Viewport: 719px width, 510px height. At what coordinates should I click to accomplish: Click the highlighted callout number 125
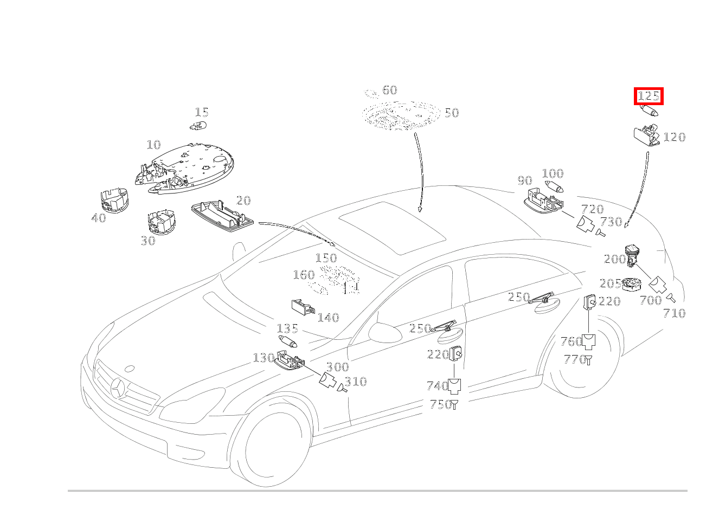(x=649, y=97)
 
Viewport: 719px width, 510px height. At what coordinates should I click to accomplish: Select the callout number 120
(x=674, y=138)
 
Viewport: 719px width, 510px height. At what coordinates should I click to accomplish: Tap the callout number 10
(x=153, y=145)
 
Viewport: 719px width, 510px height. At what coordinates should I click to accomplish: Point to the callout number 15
(x=202, y=113)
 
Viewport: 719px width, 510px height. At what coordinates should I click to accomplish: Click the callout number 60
(x=389, y=91)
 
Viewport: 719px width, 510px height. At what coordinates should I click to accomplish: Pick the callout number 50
(x=451, y=113)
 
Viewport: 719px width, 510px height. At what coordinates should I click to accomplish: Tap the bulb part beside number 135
(x=288, y=342)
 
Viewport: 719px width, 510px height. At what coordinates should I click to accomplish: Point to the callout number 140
(x=328, y=318)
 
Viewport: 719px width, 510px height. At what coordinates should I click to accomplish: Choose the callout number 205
(x=610, y=284)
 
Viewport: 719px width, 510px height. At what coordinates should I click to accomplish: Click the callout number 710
(x=675, y=313)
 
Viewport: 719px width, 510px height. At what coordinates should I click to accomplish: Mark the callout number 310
(x=356, y=382)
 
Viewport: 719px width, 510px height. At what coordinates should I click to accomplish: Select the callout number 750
(x=440, y=405)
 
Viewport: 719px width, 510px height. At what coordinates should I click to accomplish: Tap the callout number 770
(x=574, y=359)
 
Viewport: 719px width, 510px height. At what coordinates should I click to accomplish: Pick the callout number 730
(x=611, y=222)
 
